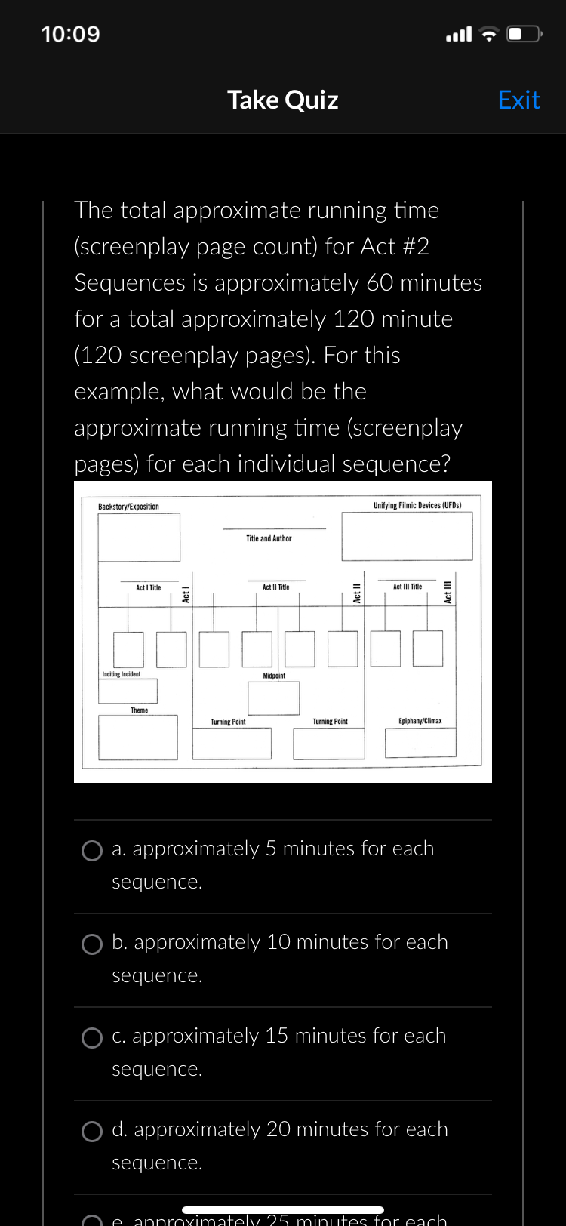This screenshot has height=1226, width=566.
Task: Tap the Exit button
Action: tap(518, 100)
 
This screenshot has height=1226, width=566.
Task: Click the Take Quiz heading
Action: tap(283, 100)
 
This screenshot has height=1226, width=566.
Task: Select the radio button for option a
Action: tap(92, 851)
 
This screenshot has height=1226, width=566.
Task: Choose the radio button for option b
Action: tap(92, 944)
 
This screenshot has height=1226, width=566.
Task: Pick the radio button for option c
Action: tap(92, 1038)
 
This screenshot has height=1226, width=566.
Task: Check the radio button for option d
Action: tap(92, 1132)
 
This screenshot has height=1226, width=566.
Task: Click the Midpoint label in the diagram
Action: tap(274, 676)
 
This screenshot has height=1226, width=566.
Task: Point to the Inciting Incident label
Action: tap(122, 674)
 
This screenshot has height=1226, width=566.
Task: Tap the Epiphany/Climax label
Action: tap(420, 721)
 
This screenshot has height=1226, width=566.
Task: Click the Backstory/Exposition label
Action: tap(128, 507)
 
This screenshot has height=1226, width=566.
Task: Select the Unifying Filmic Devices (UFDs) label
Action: tap(417, 505)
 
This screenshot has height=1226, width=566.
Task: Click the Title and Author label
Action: tap(269, 538)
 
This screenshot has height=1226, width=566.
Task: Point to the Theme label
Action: tap(140, 710)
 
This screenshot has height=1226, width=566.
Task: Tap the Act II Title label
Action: tap(275, 587)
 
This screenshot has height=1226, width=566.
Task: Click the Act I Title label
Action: tap(148, 587)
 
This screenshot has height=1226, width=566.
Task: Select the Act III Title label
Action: tap(408, 586)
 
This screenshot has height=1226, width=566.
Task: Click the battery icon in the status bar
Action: tap(524, 34)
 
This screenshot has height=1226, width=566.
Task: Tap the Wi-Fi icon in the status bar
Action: tap(490, 34)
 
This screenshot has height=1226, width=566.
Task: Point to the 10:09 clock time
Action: tap(71, 34)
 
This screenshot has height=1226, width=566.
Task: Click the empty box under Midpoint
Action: tap(274, 698)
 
